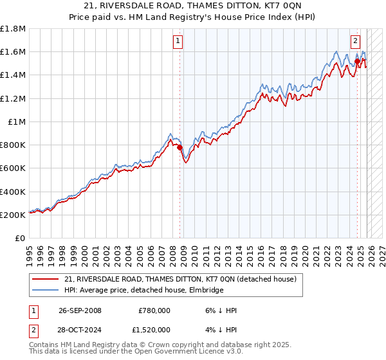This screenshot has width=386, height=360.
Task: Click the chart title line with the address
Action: (x=192, y=6)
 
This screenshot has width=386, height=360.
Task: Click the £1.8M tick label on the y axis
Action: (x=13, y=29)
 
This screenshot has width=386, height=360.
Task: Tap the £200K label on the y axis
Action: (x=13, y=215)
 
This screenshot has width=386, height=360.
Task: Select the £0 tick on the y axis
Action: (x=21, y=238)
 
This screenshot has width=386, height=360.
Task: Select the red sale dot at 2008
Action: (x=180, y=147)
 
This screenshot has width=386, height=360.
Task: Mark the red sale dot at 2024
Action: (x=357, y=62)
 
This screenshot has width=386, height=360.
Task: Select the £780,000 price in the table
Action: (x=154, y=310)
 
